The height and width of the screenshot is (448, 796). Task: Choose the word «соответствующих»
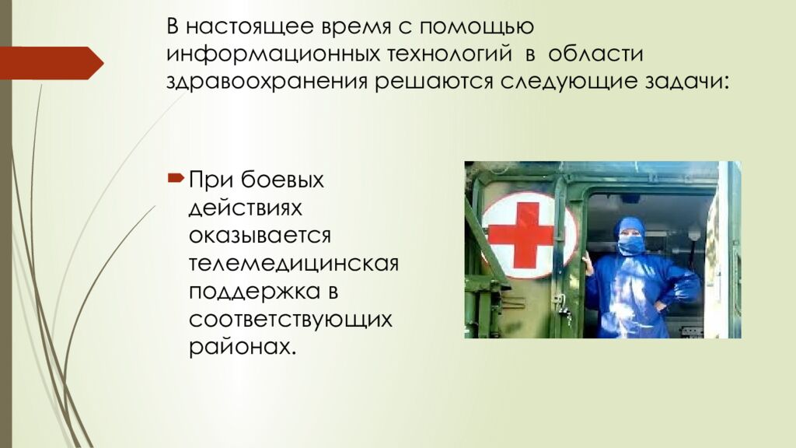(x=290, y=319)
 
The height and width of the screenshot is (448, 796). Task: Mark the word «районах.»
(x=242, y=346)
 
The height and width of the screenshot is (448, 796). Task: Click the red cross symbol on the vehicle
(x=527, y=235)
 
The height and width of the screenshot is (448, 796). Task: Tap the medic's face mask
(x=630, y=246)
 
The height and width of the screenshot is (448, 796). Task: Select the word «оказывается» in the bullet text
(x=260, y=236)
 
